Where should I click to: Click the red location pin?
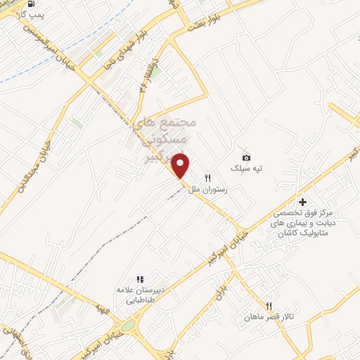pyautogui.click(x=181, y=165)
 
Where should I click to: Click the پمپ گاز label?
pyautogui.click(x=29, y=15)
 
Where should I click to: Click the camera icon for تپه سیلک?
pyautogui.click(x=246, y=157)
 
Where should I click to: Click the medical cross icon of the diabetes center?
pyautogui.click(x=303, y=201)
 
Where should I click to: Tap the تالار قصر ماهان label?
pyautogui.click(x=269, y=317)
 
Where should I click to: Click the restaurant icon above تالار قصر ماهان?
pyautogui.click(x=269, y=306)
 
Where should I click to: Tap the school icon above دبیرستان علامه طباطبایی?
pyautogui.click(x=140, y=279)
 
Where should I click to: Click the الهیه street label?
pyautogui.click(x=103, y=310)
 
